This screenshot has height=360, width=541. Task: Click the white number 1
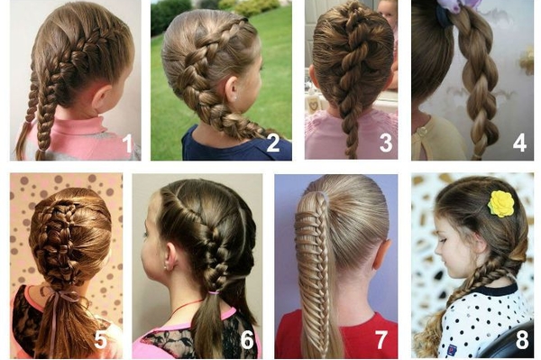click(x=128, y=143)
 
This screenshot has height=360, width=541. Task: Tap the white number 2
click(x=273, y=143)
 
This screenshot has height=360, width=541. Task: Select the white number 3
click(x=386, y=143)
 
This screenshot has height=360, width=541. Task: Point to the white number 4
click(x=519, y=143)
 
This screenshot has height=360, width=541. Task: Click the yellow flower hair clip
click(x=501, y=204)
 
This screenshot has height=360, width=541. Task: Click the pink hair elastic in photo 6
click(x=215, y=293)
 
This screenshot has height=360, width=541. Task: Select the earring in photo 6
click(x=167, y=267)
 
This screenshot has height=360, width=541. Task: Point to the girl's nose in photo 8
click(x=436, y=247)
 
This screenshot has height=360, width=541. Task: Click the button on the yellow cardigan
click(x=421, y=131)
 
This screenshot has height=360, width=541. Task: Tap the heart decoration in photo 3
click(x=314, y=104)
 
